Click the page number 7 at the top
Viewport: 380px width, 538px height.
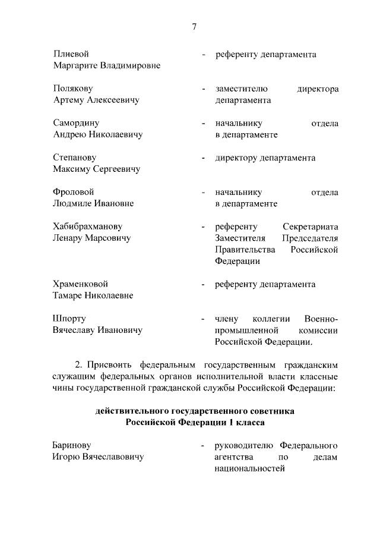194,26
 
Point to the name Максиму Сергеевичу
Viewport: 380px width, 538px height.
96,169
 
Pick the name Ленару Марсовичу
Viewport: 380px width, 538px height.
92,238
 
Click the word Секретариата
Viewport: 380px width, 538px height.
311,226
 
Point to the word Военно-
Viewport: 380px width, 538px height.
321,319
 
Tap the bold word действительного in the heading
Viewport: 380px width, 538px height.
132,411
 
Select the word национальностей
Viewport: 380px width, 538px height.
250,468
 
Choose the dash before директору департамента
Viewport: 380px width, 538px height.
204,158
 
